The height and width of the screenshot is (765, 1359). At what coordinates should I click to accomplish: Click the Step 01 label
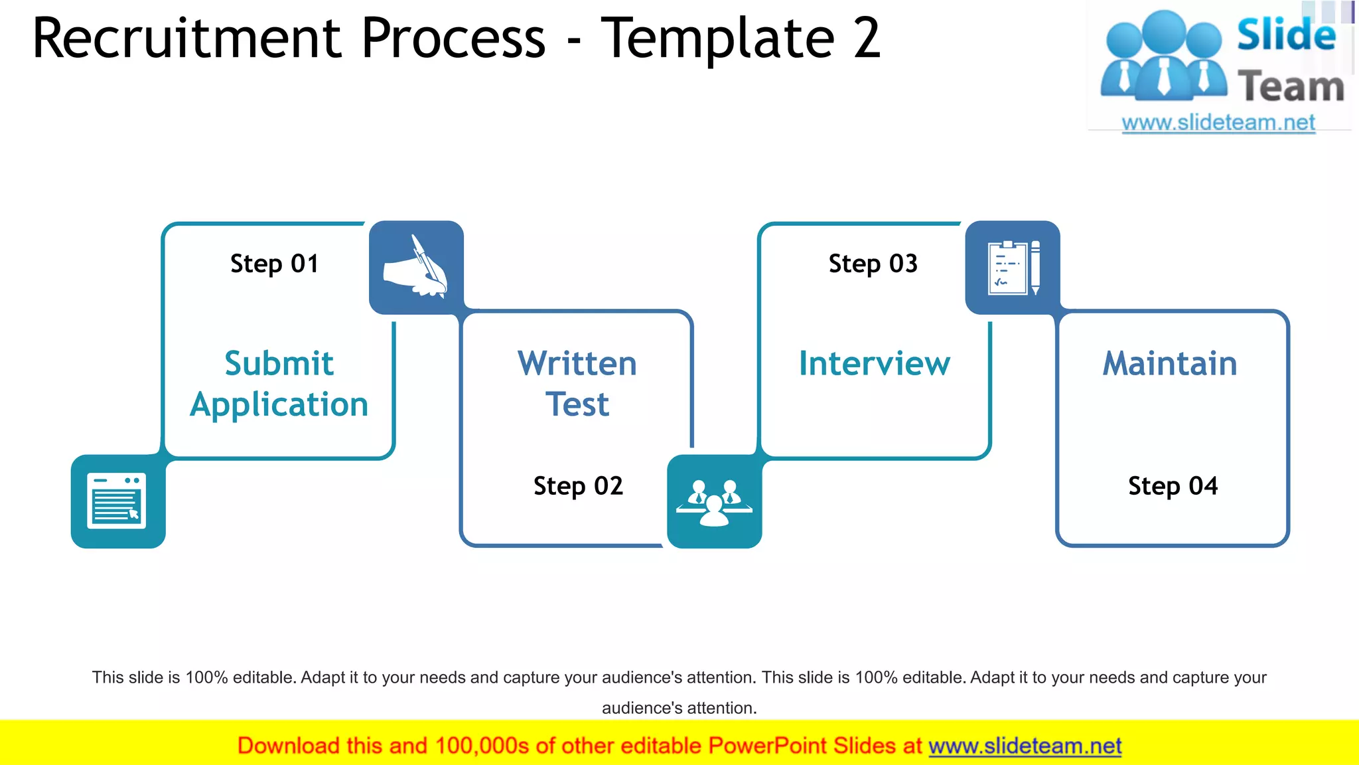click(x=274, y=264)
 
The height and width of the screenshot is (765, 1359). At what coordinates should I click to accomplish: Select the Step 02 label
click(x=578, y=486)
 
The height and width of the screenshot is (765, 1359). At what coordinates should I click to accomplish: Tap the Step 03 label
click(x=873, y=264)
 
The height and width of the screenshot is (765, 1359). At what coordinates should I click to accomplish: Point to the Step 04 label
click(x=1173, y=486)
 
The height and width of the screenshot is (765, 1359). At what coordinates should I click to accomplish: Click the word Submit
click(x=279, y=363)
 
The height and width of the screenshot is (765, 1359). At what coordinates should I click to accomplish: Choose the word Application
click(x=279, y=404)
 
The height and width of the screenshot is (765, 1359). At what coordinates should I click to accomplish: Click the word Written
click(x=577, y=363)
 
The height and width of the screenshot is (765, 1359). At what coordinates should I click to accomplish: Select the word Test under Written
click(x=577, y=404)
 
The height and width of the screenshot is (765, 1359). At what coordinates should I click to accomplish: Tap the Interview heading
click(x=874, y=363)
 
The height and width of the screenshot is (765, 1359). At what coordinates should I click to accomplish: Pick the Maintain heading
click(x=1170, y=363)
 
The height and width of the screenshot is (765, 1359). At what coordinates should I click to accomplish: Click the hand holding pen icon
click(x=416, y=268)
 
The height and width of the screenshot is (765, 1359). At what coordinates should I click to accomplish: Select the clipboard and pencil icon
click(x=1013, y=268)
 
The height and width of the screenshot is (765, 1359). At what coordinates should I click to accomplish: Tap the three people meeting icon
click(x=714, y=502)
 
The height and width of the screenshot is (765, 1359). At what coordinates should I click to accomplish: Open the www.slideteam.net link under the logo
click(x=1218, y=123)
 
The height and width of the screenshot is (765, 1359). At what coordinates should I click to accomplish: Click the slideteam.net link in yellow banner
click(x=1025, y=746)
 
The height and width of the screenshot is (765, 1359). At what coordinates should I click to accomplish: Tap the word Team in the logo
click(x=1291, y=87)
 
